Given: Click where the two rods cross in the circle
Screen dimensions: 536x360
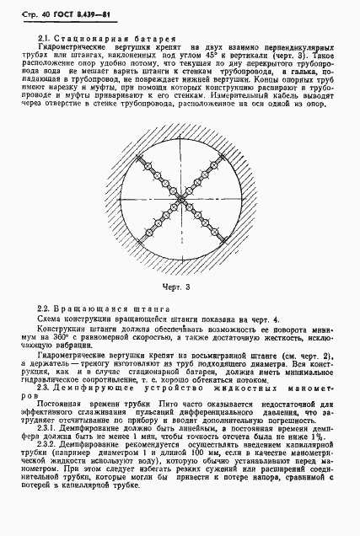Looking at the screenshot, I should [x=180, y=200].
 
